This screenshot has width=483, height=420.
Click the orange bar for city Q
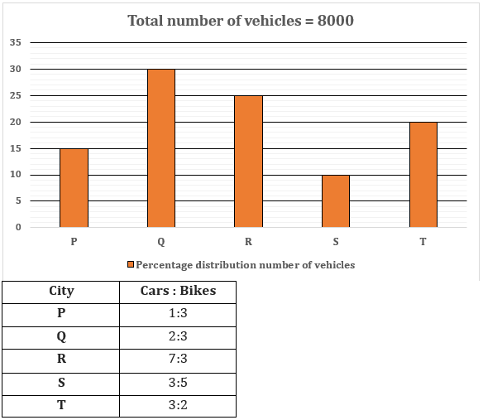click(161, 148)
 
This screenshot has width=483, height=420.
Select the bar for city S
click(336, 201)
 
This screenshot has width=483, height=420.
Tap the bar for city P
click(74, 188)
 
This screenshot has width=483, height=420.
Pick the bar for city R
click(249, 162)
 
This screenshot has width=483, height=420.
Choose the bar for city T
click(423, 175)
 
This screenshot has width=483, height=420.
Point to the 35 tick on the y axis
click(16, 42)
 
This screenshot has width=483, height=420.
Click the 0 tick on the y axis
click(18, 227)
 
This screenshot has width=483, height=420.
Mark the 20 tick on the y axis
click(16, 122)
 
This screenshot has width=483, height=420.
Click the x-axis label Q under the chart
click(161, 242)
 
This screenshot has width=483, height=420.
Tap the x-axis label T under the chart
click(423, 241)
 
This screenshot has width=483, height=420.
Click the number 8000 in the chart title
click(336, 21)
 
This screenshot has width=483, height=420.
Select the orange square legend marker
click(131, 264)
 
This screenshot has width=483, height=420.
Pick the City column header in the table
click(61, 291)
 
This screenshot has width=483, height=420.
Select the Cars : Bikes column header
click(178, 291)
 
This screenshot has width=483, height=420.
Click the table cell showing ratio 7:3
click(178, 359)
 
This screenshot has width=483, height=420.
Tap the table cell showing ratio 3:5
click(178, 383)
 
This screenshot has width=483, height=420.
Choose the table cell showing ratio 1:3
click(178, 313)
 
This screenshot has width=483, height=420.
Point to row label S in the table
click(61, 383)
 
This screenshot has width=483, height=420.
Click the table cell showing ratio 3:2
click(178, 405)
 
